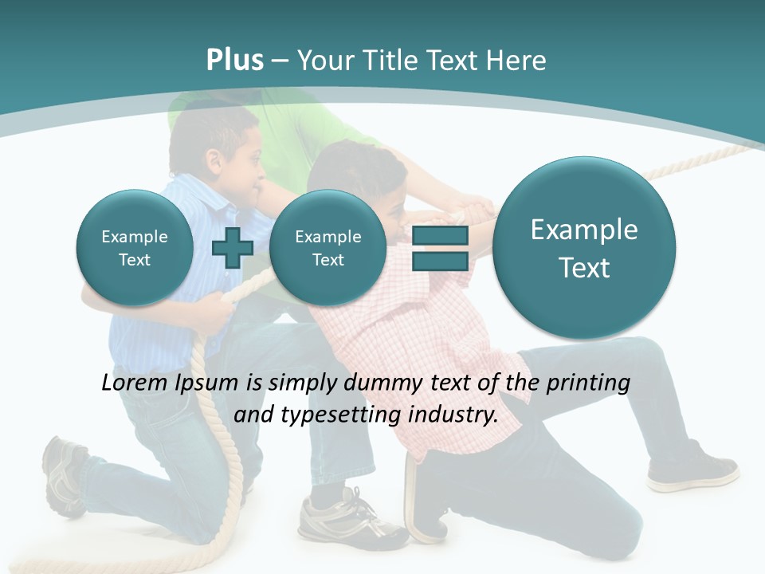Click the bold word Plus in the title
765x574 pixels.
point(234,61)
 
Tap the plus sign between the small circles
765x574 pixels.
point(232,248)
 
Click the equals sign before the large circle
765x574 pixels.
point(440,248)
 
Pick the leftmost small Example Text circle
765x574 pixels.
point(134,248)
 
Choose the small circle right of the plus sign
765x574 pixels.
point(328,248)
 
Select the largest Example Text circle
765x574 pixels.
point(584,249)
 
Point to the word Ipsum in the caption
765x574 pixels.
point(207,383)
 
